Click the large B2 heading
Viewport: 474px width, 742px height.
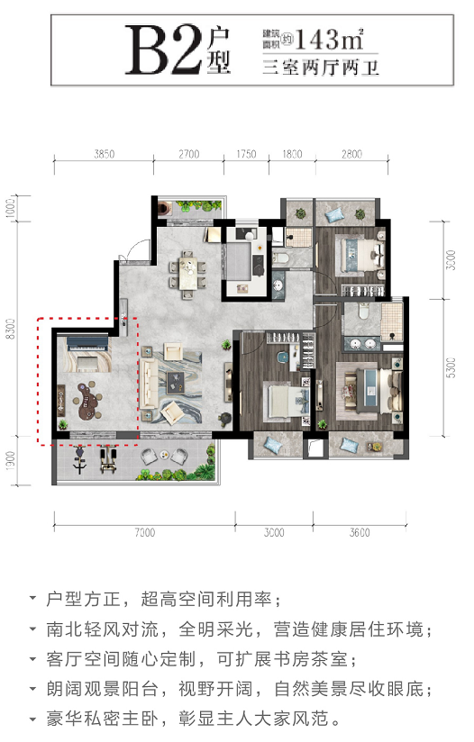[x=164, y=50]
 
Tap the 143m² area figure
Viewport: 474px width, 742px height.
[x=329, y=39]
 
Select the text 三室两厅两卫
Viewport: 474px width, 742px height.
[x=321, y=68]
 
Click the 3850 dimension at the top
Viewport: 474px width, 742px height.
[x=105, y=154]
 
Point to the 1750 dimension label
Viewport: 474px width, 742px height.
[x=246, y=154]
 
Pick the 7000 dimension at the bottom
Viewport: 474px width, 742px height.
[x=145, y=532]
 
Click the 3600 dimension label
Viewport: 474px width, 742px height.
[x=360, y=532]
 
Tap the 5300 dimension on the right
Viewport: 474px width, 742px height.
[x=451, y=367]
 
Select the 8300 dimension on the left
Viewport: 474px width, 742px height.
[x=11, y=329]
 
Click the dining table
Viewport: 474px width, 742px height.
[x=188, y=273]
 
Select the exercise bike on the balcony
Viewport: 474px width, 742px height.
[x=79, y=459]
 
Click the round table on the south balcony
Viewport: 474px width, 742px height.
[x=164, y=454]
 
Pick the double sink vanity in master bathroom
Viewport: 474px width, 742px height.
[x=364, y=344]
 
